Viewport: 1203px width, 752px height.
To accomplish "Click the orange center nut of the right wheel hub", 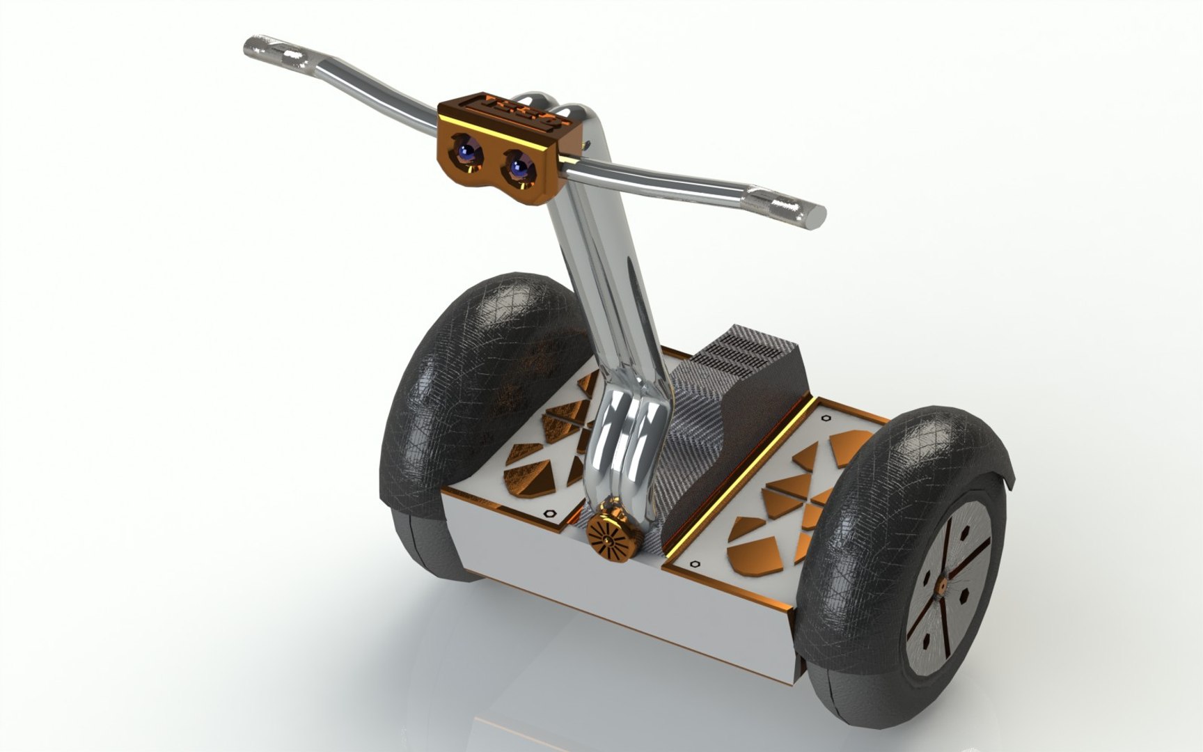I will pyautogui.click(x=941, y=587).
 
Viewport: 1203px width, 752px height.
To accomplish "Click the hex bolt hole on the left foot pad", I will pyautogui.click(x=549, y=513).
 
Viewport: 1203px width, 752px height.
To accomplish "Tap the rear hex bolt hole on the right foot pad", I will pyautogui.click(x=826, y=418).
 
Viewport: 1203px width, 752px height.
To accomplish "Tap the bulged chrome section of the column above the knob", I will pyautogui.click(x=627, y=446).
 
